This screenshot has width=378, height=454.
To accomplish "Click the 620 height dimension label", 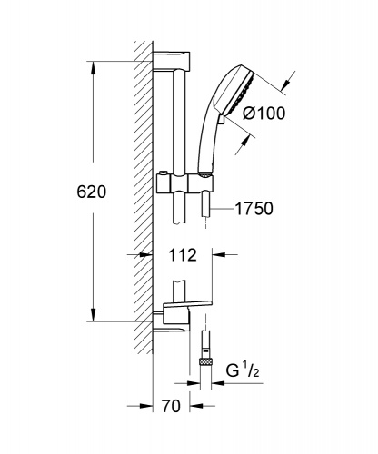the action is (92, 192).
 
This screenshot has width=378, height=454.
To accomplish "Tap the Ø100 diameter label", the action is (264, 113).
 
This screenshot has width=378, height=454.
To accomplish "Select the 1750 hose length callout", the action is (254, 209).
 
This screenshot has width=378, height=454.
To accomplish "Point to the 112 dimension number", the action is (183, 255).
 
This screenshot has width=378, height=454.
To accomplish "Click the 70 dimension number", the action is (171, 406).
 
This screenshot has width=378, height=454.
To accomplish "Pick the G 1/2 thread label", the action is (243, 370).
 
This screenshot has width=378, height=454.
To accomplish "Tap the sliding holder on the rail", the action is (184, 183).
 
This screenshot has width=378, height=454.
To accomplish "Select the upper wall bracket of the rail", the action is (172, 61).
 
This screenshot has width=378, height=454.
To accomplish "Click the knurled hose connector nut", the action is (206, 361).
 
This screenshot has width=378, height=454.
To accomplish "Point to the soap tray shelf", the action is (188, 303).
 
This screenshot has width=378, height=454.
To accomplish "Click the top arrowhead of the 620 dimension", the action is (93, 68).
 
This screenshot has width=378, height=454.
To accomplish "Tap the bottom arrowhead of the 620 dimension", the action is (93, 315).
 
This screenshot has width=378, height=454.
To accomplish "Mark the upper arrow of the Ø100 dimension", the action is (286, 82).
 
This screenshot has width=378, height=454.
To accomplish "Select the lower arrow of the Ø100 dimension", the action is (244, 145).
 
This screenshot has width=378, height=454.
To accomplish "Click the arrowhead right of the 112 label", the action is (219, 255).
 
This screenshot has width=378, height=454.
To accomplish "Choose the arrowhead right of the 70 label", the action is (196, 406).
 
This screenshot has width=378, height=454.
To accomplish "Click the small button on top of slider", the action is (164, 173).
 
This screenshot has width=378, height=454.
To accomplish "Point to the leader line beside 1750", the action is (223, 209).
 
